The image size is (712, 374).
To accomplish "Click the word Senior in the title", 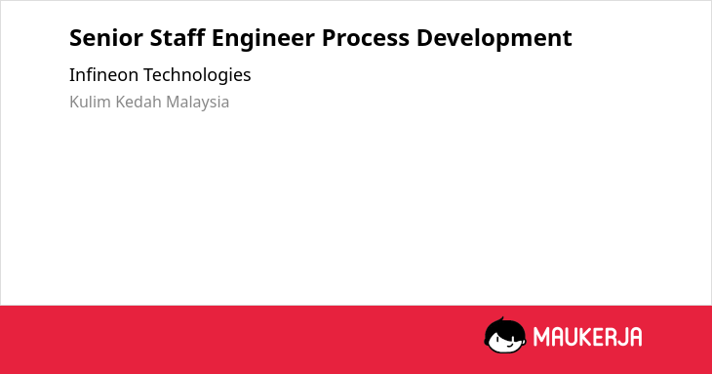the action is pyautogui.click(x=106, y=38).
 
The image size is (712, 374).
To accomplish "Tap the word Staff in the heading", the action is pyautogui.click(x=178, y=37).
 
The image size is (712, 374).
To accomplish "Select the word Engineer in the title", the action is pyautogui.click(x=263, y=39).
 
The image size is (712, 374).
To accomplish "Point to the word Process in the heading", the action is pyautogui.click(x=366, y=38).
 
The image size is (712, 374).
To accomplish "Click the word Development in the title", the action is pyautogui.click(x=494, y=39).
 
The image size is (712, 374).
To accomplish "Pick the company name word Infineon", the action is pyautogui.click(x=103, y=74).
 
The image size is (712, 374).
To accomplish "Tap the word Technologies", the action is pyautogui.click(x=197, y=75).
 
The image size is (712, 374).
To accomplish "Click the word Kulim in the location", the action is pyautogui.click(x=90, y=102).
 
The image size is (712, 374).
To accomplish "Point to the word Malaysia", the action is pyautogui.click(x=198, y=103).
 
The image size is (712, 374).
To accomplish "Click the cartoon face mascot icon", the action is pyautogui.click(x=505, y=335).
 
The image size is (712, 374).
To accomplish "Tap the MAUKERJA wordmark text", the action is pyautogui.click(x=587, y=337).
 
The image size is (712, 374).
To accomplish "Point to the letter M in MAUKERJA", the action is pyautogui.click(x=540, y=337).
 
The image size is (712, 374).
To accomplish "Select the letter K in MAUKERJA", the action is pyautogui.click(x=585, y=337).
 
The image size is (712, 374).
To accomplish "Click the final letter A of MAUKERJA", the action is pyautogui.click(x=636, y=337).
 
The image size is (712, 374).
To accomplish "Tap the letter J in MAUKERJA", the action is pyautogui.click(x=622, y=337).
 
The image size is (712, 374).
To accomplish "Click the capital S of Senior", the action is pyautogui.click(x=76, y=38).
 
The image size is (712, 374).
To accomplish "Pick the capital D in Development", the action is pyautogui.click(x=424, y=38).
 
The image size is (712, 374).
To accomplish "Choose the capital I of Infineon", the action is pyautogui.click(x=71, y=74).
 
